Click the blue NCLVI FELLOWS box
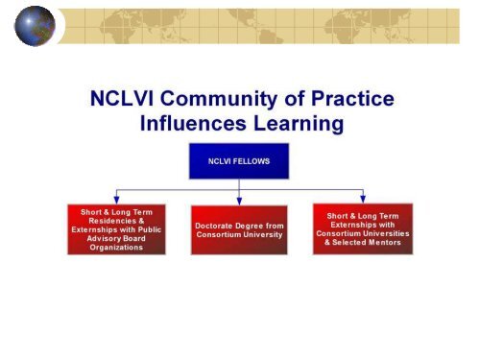(x=239, y=161)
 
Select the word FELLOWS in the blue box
(x=252, y=161)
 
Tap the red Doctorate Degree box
(x=239, y=229)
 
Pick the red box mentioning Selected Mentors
(x=362, y=228)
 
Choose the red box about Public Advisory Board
(x=115, y=228)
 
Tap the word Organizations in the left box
(x=116, y=247)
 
